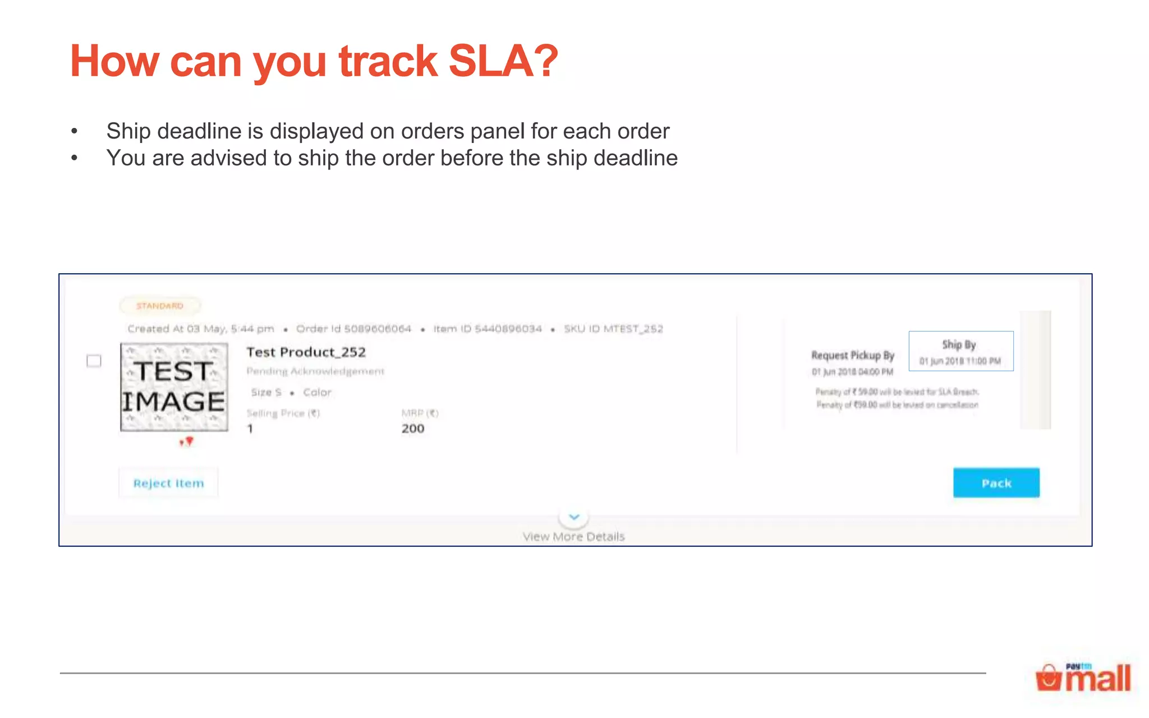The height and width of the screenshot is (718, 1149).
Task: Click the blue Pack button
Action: [x=996, y=483]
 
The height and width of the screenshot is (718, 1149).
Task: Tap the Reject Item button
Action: [x=168, y=483]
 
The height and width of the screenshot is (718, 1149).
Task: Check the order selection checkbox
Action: [x=94, y=361]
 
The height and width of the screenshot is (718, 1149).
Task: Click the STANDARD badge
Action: [x=160, y=306]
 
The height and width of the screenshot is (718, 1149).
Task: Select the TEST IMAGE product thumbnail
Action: [x=174, y=387]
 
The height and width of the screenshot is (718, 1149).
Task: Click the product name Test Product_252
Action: [x=306, y=352]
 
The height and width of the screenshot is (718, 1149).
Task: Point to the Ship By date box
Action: [x=960, y=351]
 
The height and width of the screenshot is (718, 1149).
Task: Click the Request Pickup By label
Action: [x=852, y=355]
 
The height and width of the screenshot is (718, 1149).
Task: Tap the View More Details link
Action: [x=573, y=537]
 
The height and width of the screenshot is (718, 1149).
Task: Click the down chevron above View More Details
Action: [x=573, y=517]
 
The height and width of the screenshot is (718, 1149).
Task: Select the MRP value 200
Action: [x=412, y=429]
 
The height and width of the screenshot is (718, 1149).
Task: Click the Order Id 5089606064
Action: [x=353, y=329]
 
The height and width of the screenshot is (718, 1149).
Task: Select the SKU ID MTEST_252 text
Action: [x=613, y=329]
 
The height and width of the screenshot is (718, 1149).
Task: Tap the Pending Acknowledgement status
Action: [x=315, y=371]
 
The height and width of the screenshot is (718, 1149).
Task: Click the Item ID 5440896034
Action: [x=488, y=329]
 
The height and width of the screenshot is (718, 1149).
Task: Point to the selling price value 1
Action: [x=250, y=429]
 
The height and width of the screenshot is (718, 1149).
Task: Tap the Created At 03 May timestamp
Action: [x=200, y=329]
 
